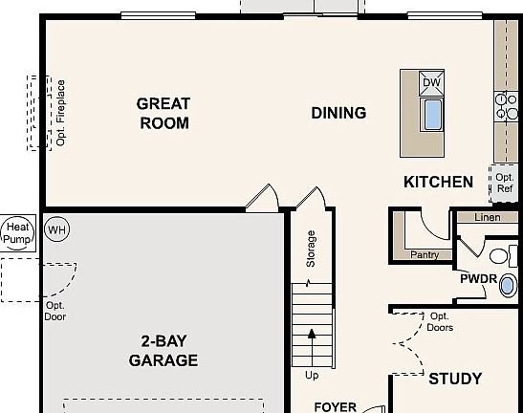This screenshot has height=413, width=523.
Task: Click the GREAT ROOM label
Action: [x=163, y=113]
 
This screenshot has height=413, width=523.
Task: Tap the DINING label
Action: [x=338, y=113]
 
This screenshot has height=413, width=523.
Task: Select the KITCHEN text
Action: [x=438, y=182]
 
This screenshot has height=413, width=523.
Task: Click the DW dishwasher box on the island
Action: [x=432, y=83]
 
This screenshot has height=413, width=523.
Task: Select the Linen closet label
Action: [x=487, y=218]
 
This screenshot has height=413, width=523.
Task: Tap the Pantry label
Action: [x=425, y=255]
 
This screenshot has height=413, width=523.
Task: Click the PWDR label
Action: [x=477, y=280]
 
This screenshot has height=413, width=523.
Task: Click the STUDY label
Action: [x=454, y=379]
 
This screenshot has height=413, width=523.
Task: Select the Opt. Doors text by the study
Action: [x=441, y=322]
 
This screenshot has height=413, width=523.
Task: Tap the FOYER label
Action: [x=335, y=406]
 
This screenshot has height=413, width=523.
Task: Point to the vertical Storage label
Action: [x=311, y=249]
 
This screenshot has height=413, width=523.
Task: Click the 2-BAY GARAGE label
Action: [x=163, y=351]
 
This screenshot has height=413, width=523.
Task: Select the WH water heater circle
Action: [x=57, y=229]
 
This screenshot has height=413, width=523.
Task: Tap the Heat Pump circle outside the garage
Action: [x=16, y=232]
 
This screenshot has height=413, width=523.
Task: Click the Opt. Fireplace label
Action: [x=60, y=113]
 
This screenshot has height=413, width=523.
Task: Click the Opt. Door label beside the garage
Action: [x=55, y=311]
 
